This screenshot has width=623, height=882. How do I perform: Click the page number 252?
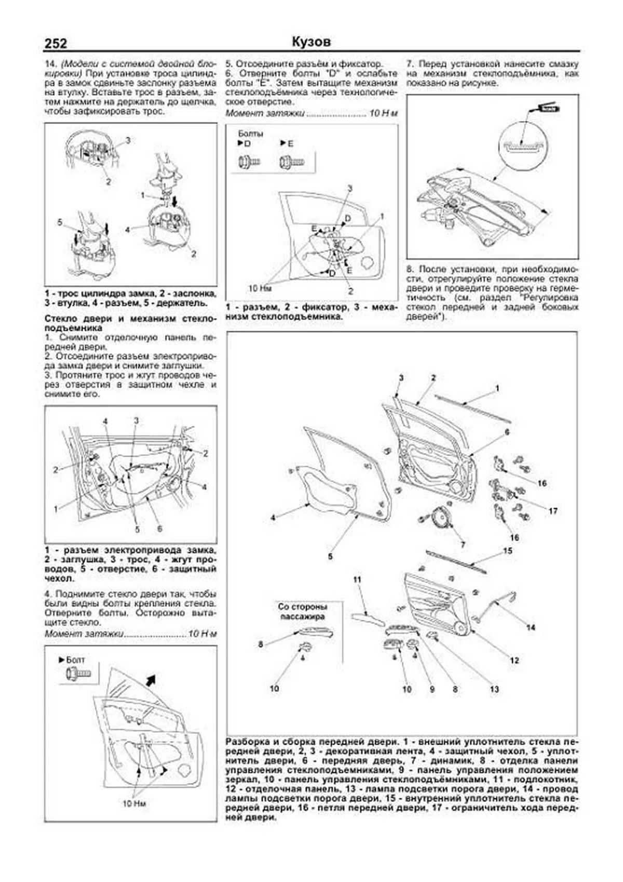[x=56, y=44]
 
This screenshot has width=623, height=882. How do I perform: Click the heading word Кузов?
[x=311, y=42]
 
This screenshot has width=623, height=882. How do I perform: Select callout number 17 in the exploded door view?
[x=553, y=511]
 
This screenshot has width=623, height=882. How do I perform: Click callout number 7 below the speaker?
[x=463, y=545]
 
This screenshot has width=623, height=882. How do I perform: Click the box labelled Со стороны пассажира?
[x=302, y=612]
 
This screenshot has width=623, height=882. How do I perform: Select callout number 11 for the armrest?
[x=357, y=579]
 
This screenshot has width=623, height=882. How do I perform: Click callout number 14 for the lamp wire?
[x=530, y=628]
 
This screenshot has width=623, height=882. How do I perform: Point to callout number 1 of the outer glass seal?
[x=497, y=388]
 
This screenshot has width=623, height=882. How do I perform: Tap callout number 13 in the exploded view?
[x=494, y=689]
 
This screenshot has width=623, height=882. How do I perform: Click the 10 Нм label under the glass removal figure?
[x=134, y=803]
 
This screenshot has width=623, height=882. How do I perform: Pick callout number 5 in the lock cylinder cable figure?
[x=60, y=222]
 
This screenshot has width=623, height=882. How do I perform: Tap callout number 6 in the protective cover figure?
[x=159, y=529]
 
